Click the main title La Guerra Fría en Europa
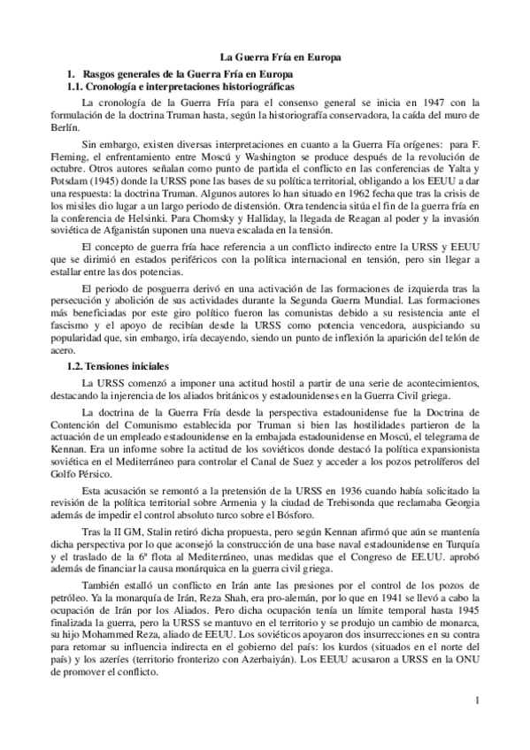click(x=280, y=57)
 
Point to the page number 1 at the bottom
click(x=476, y=703)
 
